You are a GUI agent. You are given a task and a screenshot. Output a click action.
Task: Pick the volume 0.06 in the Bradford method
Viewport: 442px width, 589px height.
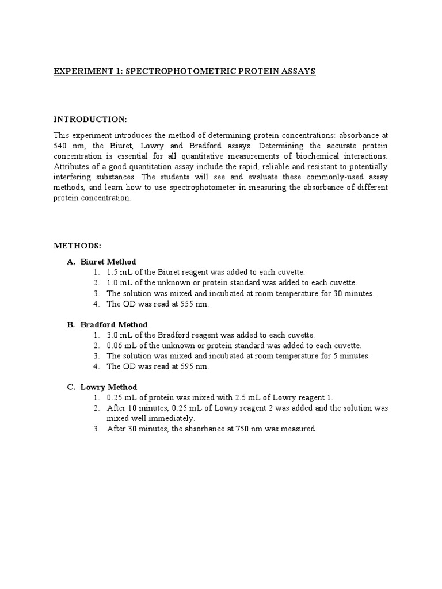point(115,346)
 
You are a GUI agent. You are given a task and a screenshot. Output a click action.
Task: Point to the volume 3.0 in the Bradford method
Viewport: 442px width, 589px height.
point(112,335)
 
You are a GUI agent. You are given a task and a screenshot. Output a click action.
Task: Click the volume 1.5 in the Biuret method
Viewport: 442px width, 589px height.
point(112,272)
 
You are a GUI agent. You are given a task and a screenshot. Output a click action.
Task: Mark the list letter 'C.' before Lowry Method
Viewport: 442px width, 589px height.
point(71,387)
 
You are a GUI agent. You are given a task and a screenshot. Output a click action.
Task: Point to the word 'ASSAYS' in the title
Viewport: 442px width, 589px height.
point(297,71)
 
